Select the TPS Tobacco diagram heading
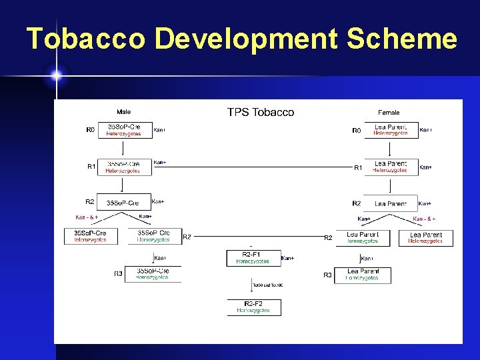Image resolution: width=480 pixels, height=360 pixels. click(261, 112)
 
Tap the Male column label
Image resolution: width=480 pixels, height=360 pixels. click(124, 112)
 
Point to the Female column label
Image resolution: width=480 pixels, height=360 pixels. click(389, 112)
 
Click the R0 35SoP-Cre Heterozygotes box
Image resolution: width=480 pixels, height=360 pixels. click(124, 130)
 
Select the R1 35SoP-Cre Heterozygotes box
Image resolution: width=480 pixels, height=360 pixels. click(124, 167)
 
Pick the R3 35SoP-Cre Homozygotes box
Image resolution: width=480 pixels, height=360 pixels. click(153, 274)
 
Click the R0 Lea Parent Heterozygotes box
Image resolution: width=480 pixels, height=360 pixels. click(391, 130)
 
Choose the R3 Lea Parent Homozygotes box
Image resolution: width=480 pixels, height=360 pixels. click(363, 275)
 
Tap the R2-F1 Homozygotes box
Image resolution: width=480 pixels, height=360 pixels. click(253, 257)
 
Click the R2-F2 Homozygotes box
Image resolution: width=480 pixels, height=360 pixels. click(253, 307)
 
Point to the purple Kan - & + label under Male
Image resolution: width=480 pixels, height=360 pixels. click(87, 217)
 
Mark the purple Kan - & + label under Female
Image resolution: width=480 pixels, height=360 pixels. click(425, 218)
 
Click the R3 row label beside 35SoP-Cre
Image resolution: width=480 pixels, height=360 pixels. click(118, 273)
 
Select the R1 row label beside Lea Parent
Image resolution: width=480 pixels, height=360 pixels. click(358, 167)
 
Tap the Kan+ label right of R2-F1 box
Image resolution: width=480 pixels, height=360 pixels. click(288, 258)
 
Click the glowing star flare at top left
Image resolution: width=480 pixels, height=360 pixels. click(56, 75)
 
